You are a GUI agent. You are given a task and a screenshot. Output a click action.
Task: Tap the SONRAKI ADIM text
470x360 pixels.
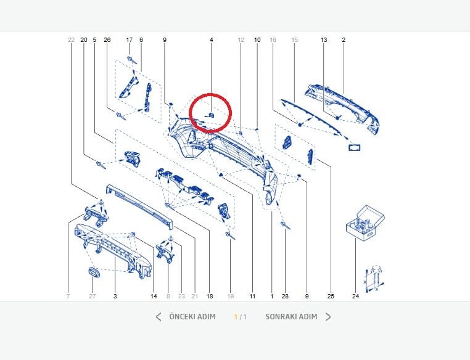(x=291, y=317)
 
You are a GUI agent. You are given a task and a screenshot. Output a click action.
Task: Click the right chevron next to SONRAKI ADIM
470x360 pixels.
(x=328, y=317)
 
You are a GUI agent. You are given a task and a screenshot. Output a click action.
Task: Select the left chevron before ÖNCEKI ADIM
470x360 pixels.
(x=159, y=317)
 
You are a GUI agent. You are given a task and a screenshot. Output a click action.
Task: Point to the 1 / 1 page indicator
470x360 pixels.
(x=241, y=317)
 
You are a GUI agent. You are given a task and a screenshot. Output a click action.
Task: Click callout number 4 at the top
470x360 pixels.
(x=212, y=40)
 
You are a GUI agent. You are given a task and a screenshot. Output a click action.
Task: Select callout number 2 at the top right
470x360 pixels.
(x=344, y=40)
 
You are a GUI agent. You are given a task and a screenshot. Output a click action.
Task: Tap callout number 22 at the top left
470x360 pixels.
(x=71, y=40)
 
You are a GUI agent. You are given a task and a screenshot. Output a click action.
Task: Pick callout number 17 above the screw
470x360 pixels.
(x=130, y=40)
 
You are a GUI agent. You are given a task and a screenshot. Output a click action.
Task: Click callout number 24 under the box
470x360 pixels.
(x=355, y=297)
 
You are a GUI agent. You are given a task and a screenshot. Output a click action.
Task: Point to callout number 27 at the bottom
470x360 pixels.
(x=92, y=297)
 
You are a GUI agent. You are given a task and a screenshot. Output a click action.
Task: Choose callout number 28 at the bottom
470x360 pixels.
(x=285, y=297)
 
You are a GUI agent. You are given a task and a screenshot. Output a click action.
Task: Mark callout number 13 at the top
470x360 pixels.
(x=324, y=40)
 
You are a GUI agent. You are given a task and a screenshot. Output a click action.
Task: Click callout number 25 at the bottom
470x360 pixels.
(x=331, y=297)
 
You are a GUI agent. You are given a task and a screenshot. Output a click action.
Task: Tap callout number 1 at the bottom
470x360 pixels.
(x=271, y=297)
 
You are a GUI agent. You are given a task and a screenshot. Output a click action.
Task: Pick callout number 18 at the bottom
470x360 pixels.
(x=210, y=297)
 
